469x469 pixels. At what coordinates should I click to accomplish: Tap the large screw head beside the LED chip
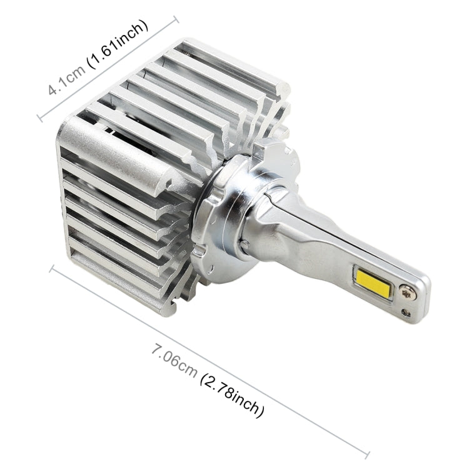[x=406, y=291]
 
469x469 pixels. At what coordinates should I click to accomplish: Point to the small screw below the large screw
[x=406, y=311]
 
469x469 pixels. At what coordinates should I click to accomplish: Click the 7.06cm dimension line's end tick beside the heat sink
[x=51, y=270]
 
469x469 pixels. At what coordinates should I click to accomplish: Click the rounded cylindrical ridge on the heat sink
[x=113, y=149]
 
